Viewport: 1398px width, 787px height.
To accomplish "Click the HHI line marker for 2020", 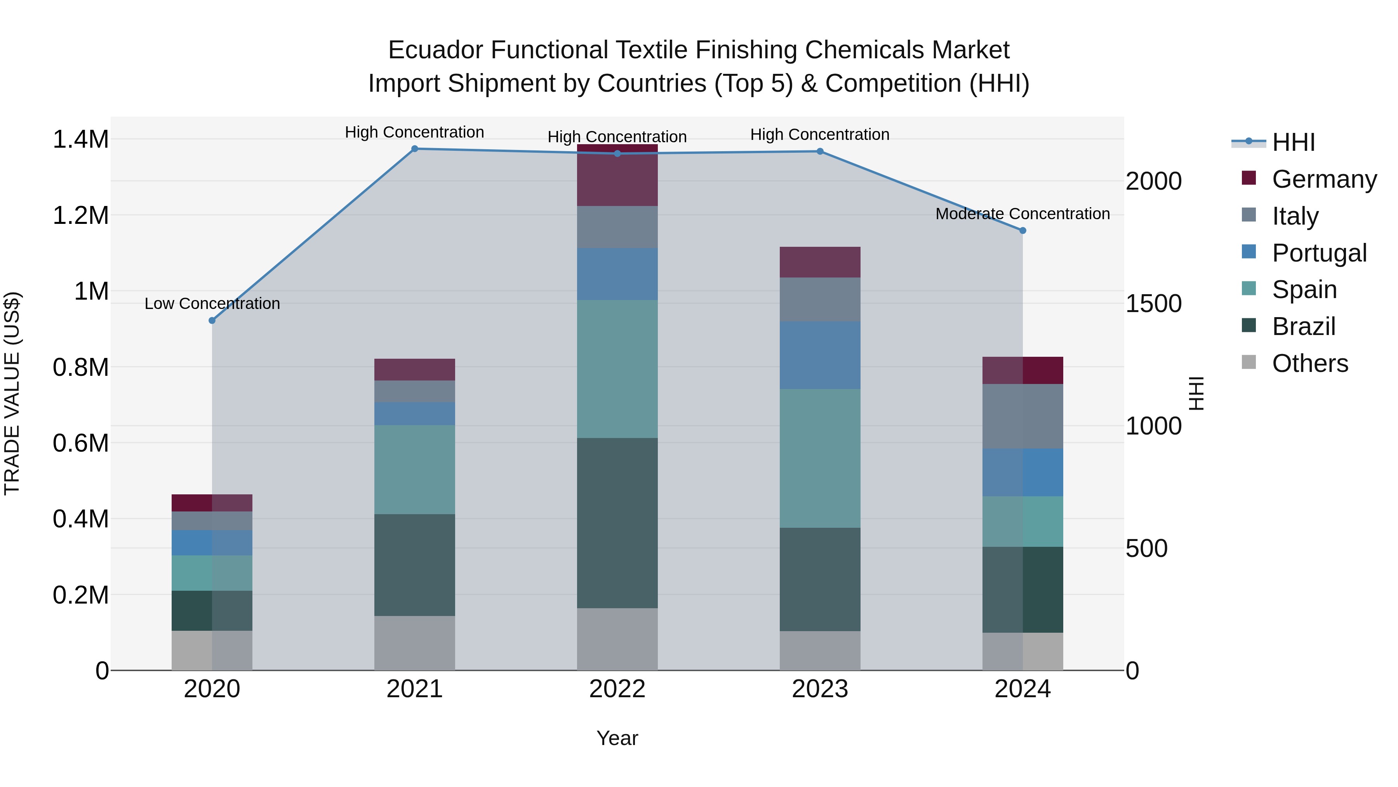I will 212,321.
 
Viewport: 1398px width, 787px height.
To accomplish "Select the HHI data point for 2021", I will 415,149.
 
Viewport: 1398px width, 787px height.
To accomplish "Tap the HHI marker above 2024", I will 1022,230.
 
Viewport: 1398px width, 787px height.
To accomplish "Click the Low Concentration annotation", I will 212,304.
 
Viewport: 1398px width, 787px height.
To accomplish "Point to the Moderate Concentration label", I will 1022,214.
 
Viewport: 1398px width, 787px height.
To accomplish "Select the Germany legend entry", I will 1324,179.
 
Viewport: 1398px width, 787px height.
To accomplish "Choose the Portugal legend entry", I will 1319,253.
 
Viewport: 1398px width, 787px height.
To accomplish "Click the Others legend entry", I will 1309,363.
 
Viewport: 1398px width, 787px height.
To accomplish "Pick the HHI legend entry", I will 1293,142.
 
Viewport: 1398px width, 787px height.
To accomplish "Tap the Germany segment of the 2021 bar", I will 415,369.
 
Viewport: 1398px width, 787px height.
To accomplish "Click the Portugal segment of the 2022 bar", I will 617,274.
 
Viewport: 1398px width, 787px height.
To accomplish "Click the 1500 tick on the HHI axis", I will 1153,304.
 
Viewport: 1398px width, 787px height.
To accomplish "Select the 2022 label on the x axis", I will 617,689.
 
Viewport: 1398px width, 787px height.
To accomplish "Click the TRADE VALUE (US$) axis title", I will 12,393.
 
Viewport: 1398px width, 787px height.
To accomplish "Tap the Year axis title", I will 617,738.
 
